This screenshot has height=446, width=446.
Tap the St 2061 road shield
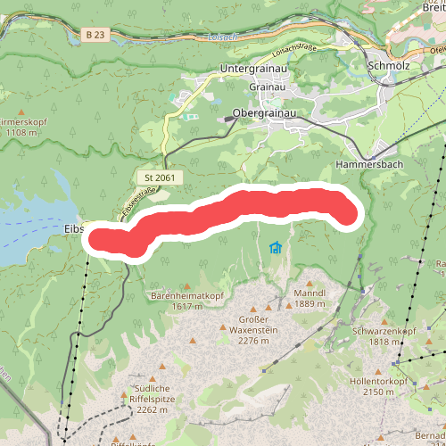click(x=161, y=178)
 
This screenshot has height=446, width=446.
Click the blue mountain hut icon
click(x=276, y=247)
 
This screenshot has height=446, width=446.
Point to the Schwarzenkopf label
click(x=385, y=331)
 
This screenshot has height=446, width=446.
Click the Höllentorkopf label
click(x=378, y=381)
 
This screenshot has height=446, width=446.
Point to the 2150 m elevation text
click(x=378, y=392)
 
